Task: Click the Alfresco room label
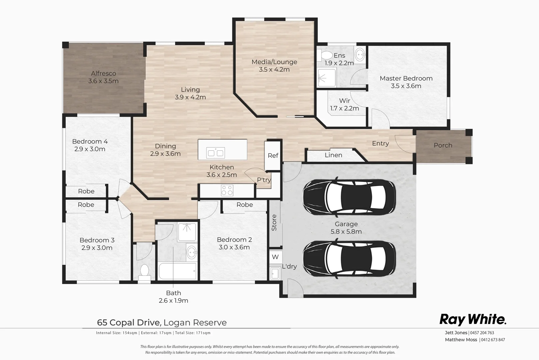(x=104, y=73)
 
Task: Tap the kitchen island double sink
(x=216, y=153)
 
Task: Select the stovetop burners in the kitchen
(x=227, y=190)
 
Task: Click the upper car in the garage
(x=349, y=197)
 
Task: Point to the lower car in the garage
(x=349, y=258)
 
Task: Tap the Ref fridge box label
(x=273, y=156)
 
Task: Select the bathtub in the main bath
(x=177, y=271)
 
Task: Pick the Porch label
(x=443, y=145)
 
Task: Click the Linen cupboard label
(x=333, y=155)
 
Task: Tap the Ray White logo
(x=473, y=320)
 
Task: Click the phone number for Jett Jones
(x=482, y=333)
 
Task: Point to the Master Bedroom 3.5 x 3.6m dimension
(x=406, y=86)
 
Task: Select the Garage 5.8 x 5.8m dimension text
(x=346, y=232)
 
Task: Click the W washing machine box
(x=275, y=257)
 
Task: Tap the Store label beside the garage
(x=274, y=223)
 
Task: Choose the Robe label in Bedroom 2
(x=245, y=205)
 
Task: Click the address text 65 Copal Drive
(x=129, y=322)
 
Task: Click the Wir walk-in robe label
(x=344, y=101)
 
